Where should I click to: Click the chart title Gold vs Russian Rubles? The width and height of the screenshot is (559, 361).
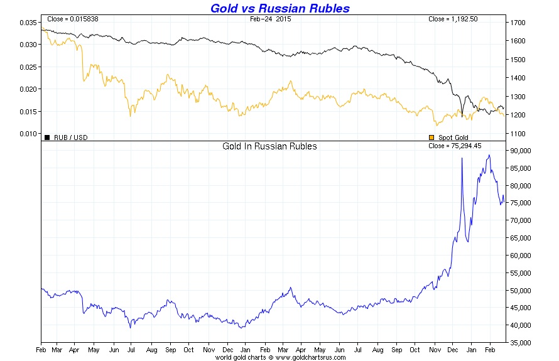pyautogui.click(x=279, y=8)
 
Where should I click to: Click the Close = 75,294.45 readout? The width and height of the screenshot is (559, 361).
pyautogui.click(x=455, y=146)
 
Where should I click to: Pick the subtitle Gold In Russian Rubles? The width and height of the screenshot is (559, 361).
pyautogui.click(x=270, y=146)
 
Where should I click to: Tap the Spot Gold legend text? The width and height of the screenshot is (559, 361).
pyautogui.click(x=453, y=137)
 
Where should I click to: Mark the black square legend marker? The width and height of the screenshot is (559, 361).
pyautogui.click(x=47, y=137)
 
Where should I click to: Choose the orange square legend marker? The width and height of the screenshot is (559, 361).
pyautogui.click(x=431, y=137)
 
